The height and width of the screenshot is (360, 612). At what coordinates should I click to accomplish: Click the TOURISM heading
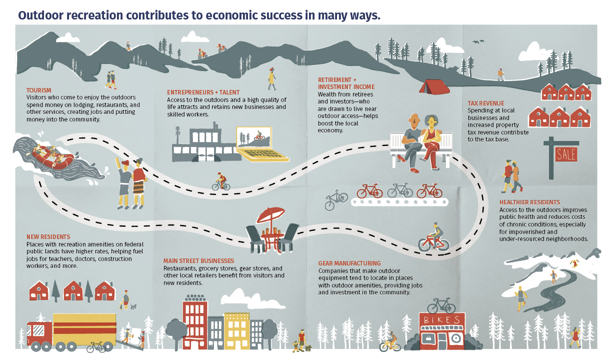tap(38, 90)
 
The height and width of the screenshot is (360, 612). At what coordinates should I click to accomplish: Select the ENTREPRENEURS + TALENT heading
tap(203, 92)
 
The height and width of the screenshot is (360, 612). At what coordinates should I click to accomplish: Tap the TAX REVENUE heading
tap(485, 103)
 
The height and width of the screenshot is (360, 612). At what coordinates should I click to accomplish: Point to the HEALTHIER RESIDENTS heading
tap(529, 202)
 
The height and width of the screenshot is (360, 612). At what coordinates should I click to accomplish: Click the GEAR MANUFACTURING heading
tap(349, 263)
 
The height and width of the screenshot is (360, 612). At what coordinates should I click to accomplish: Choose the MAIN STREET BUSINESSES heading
tap(198, 260)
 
